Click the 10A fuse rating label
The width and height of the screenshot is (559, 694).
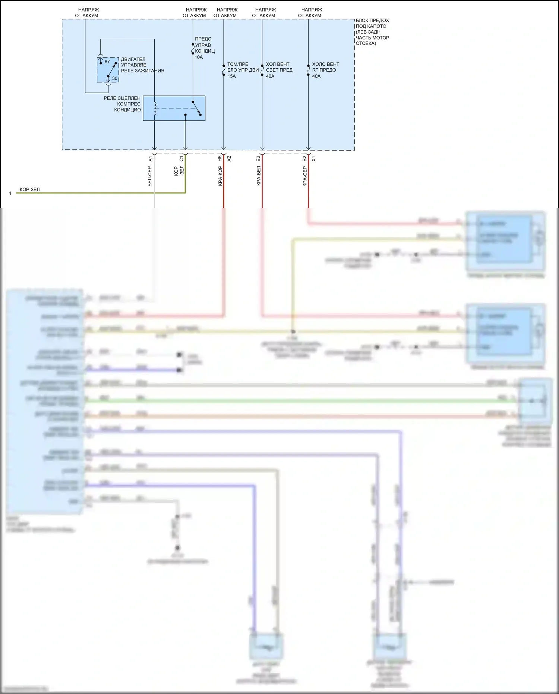click(199, 57)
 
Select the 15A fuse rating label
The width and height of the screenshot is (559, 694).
click(232, 76)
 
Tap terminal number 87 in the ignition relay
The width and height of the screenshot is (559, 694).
click(107, 62)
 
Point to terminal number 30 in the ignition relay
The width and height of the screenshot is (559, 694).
click(114, 78)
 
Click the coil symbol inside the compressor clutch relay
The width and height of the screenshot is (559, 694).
click(155, 108)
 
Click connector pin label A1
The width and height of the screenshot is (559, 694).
click(151, 159)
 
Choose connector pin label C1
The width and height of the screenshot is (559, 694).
click(181, 159)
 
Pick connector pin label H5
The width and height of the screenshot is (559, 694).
click(220, 158)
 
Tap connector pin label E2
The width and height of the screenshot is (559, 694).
click(258, 158)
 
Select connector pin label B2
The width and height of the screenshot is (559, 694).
click(304, 158)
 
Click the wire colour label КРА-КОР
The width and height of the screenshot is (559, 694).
click(220, 176)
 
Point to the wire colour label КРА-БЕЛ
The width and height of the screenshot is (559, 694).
click(259, 176)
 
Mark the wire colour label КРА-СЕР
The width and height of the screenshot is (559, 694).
click(305, 176)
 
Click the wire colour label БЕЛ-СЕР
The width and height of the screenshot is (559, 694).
click(150, 176)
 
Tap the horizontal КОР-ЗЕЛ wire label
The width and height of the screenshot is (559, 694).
click(29, 189)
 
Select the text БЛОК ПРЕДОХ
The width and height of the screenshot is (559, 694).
click(372, 21)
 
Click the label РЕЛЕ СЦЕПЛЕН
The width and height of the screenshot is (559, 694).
click(122, 98)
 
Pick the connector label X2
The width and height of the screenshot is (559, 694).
click(229, 158)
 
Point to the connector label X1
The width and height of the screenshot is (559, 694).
click(313, 159)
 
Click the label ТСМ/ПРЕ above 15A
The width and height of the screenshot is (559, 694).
click(238, 64)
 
